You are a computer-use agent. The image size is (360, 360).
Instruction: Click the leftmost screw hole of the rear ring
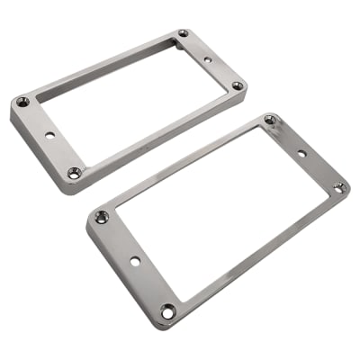[x=22, y=102]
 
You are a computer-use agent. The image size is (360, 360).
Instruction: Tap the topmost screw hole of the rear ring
[x=184, y=33]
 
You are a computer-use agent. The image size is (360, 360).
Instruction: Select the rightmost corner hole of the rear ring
[x=238, y=86]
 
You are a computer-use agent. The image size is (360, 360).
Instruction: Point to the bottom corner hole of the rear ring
[x=74, y=172]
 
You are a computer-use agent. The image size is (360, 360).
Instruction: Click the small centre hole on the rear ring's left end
[x=49, y=135]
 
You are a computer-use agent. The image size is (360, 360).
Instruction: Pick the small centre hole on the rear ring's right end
[x=209, y=60]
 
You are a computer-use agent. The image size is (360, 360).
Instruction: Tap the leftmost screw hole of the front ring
[x=102, y=217]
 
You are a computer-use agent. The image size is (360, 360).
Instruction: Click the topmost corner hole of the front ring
[x=270, y=120]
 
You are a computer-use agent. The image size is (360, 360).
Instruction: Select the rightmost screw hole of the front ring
[x=338, y=187]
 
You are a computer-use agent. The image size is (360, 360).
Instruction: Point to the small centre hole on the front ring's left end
[x=134, y=262]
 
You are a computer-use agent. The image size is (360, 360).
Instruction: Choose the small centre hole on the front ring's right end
[x=302, y=154]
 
